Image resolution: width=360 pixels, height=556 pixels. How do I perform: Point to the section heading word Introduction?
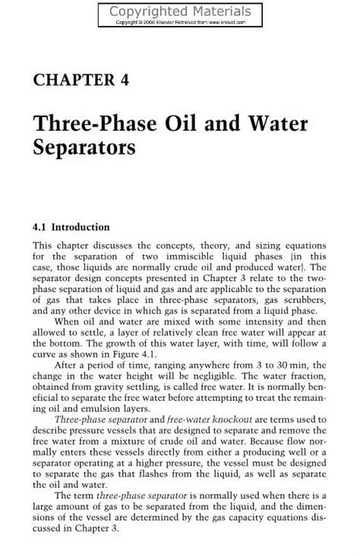tap(83, 226)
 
